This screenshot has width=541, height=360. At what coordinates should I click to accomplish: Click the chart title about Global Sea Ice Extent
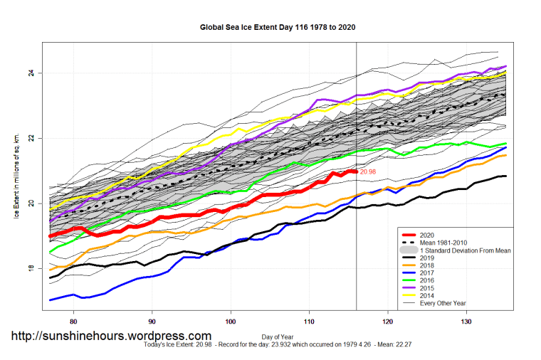pyautogui.click(x=278, y=27)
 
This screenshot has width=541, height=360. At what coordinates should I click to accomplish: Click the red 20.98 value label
pyautogui.click(x=367, y=172)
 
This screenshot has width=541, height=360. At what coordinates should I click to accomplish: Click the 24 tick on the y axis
pyautogui.click(x=32, y=73)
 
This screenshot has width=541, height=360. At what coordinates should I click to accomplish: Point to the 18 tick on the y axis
pyautogui.click(x=32, y=268)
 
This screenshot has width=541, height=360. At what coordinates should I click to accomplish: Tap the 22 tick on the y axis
pyautogui.click(x=32, y=138)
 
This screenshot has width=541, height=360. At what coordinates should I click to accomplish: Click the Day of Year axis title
pyautogui.click(x=278, y=336)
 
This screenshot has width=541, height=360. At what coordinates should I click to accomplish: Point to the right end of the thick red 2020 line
pyautogui.click(x=356, y=172)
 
